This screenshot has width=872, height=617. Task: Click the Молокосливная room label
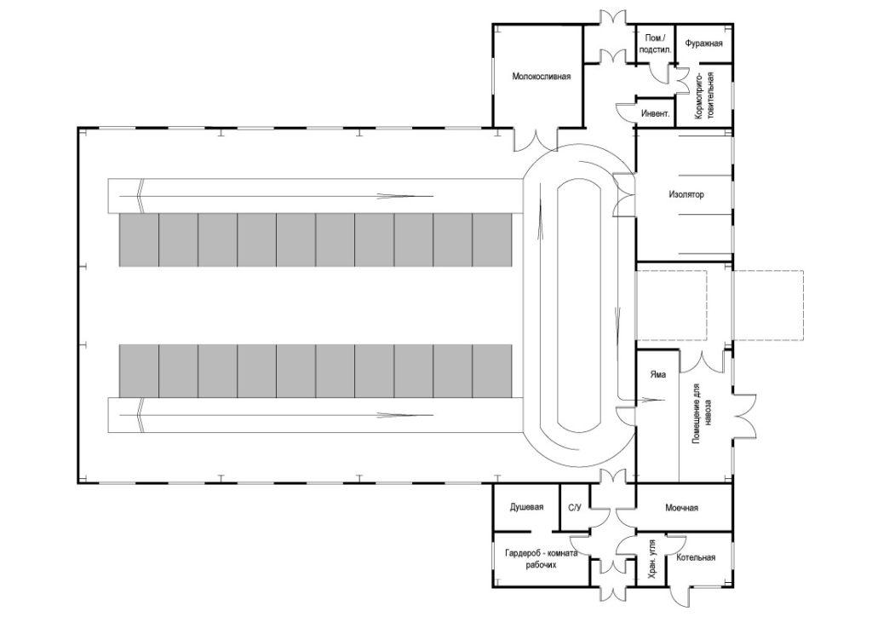click(x=540, y=76)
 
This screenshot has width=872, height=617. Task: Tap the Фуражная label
click(x=703, y=43)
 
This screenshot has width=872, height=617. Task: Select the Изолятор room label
click(x=686, y=194)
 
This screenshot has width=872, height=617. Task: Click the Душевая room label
click(x=526, y=508)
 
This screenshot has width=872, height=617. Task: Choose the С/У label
click(x=574, y=508)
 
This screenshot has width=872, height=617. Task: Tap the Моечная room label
click(x=681, y=508)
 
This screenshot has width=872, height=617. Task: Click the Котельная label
click(x=696, y=558)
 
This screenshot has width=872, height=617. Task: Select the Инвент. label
click(x=654, y=112)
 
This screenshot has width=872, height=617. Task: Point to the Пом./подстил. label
click(x=655, y=44)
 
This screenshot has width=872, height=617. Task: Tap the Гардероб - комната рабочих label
click(x=540, y=558)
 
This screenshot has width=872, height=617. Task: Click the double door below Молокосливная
click(x=534, y=139)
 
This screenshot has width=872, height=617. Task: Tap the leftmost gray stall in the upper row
click(x=138, y=240)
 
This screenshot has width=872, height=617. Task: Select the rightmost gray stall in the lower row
click(x=492, y=371)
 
